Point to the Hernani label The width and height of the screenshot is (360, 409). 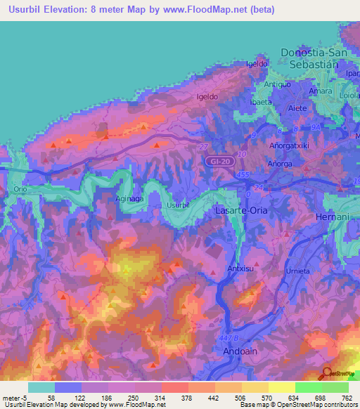333,216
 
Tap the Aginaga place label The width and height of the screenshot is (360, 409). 129,199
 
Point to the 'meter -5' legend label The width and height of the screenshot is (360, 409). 15,398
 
